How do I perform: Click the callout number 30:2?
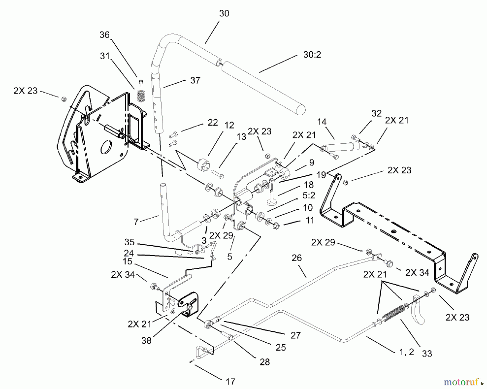tap(312, 55)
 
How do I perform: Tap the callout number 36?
tap(104, 35)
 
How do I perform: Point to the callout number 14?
tap(322, 122)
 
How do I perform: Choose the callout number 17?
tap(230, 382)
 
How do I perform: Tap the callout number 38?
tap(146, 340)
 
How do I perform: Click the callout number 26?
tap(297, 258)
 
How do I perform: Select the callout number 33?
tap(427, 354)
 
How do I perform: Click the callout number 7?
tap(136, 222)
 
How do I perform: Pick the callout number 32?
tap(376, 113)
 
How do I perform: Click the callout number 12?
tap(229, 125)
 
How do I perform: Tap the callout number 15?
tap(127, 262)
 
